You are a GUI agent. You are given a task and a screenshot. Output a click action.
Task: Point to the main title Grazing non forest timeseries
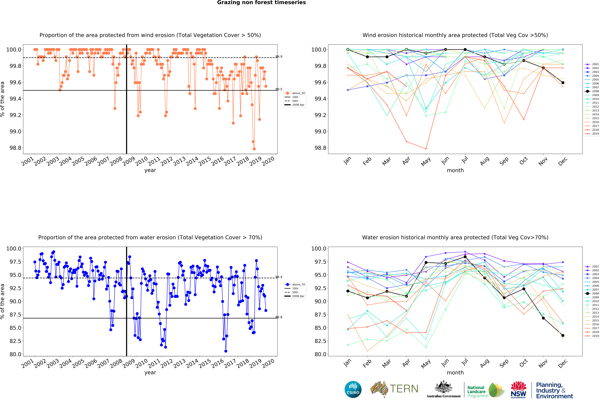coord(261,3)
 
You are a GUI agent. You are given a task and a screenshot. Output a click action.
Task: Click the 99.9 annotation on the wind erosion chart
coord(279,56)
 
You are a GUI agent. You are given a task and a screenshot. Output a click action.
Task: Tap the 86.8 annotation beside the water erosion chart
coord(279,317)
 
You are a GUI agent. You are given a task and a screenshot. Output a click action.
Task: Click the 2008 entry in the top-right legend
coord(595,91)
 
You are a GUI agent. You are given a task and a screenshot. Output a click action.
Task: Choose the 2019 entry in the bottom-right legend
coord(595,336)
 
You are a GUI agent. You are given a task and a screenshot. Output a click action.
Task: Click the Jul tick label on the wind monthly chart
coord(465,160)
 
